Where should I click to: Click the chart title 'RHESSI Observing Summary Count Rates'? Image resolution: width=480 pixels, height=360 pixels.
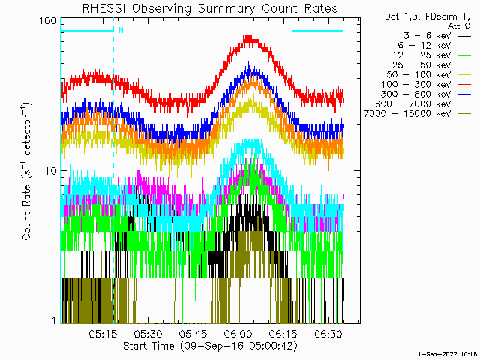click(x=210, y=8)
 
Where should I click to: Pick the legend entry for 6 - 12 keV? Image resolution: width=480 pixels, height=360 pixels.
click(x=434, y=46)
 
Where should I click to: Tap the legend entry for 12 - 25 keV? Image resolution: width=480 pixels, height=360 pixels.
click(x=432, y=55)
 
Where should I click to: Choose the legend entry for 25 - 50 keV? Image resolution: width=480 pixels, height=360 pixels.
click(x=432, y=65)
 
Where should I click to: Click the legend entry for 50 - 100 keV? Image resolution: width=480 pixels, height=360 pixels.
click(x=428, y=75)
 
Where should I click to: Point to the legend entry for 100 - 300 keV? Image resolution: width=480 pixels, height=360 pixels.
click(x=426, y=85)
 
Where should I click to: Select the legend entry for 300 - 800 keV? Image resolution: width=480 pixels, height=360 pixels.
click(x=426, y=94)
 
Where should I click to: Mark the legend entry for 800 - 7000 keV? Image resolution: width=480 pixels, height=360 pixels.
click(x=423, y=104)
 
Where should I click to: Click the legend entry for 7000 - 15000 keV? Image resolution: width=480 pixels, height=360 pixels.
click(x=417, y=114)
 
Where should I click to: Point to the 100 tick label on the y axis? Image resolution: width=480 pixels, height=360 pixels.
click(x=48, y=21)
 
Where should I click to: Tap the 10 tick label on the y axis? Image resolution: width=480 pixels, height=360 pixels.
click(x=51, y=171)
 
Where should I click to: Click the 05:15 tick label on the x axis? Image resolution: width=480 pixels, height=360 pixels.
click(x=103, y=334)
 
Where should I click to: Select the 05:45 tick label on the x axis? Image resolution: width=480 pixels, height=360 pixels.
click(x=193, y=334)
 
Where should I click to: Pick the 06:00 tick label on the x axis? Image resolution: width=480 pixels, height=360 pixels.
click(x=238, y=334)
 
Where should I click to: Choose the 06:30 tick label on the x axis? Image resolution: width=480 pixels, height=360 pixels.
click(x=328, y=334)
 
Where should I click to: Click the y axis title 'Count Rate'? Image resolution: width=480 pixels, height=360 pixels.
click(x=27, y=212)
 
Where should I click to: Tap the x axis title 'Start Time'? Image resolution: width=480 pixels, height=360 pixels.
click(x=148, y=346)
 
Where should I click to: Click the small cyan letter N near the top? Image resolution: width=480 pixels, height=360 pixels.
click(x=121, y=30)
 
